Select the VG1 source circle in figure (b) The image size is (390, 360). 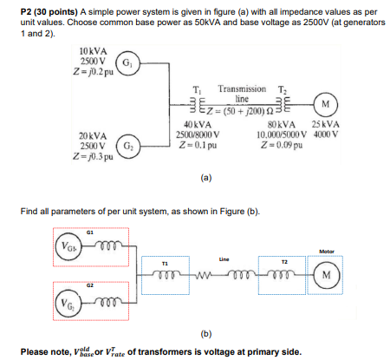tap(66, 245)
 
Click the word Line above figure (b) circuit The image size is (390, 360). tap(224, 259)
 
